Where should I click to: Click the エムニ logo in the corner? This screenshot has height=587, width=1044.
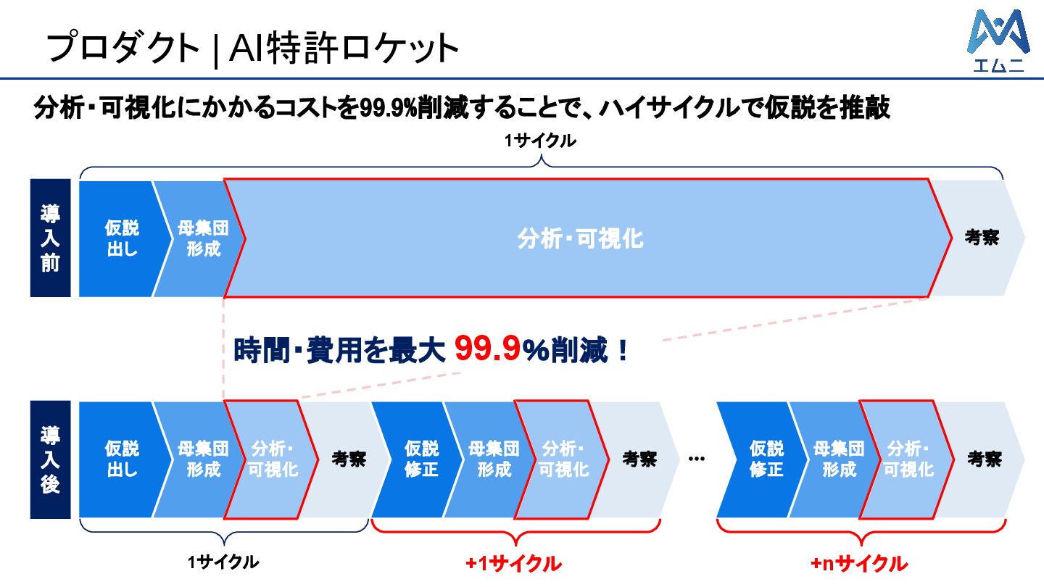pyautogui.click(x=998, y=41)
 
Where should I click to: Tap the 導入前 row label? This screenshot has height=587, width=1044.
pyautogui.click(x=50, y=238)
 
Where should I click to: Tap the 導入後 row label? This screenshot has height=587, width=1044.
pyautogui.click(x=50, y=459)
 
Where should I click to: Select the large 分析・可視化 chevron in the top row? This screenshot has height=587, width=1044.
pyautogui.click(x=580, y=238)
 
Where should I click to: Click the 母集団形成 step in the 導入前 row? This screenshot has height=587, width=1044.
pyautogui.click(x=202, y=238)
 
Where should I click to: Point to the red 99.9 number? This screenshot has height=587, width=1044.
pyautogui.click(x=487, y=350)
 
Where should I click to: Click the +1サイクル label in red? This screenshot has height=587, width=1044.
pyautogui.click(x=513, y=563)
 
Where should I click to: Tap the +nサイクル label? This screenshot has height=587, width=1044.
pyautogui.click(x=858, y=563)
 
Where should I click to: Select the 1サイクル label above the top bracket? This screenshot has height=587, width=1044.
pyautogui.click(x=541, y=141)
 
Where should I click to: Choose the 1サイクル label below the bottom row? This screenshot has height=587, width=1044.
pyautogui.click(x=223, y=562)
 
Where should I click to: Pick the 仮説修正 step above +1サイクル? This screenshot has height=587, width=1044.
pyautogui.click(x=420, y=459)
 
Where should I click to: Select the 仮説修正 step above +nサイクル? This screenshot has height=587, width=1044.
pyautogui.click(x=766, y=459)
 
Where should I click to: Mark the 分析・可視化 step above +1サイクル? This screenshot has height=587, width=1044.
pyautogui.click(x=564, y=459)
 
